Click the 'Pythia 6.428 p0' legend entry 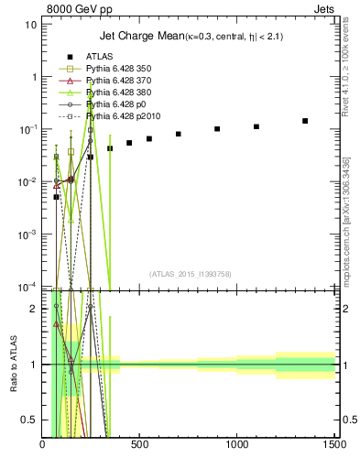(x=114, y=104)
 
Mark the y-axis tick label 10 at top (x=31, y=24)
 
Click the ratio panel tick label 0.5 (x=28, y=420)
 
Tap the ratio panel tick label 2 (x=33, y=309)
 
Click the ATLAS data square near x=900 (x=217, y=129)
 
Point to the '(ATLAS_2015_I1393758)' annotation (x=189, y=273)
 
